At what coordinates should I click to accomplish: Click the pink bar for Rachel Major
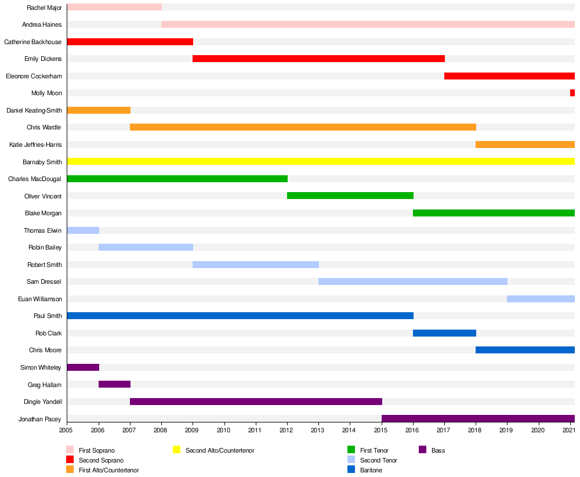(x=114, y=7)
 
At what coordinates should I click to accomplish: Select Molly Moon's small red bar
(x=572, y=93)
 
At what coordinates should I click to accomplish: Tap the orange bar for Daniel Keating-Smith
(x=99, y=110)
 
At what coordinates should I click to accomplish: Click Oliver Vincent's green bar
(x=350, y=196)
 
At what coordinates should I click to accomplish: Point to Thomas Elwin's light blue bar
(x=83, y=230)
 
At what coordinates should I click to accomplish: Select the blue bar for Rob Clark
(x=444, y=333)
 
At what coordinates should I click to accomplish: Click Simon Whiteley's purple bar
(x=83, y=367)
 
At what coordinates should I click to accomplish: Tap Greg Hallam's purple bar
(x=114, y=384)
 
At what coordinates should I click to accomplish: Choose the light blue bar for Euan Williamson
(x=541, y=299)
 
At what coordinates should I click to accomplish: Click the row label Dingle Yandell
(x=43, y=402)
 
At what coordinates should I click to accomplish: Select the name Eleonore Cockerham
(x=34, y=76)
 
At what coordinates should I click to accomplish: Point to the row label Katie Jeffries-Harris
(x=35, y=144)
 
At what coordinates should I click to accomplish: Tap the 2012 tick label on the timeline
(x=287, y=430)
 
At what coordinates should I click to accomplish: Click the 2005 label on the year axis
(x=67, y=430)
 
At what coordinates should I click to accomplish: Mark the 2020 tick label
(x=538, y=430)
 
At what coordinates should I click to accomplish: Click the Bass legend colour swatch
(x=423, y=450)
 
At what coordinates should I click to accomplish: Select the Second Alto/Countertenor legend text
(x=220, y=450)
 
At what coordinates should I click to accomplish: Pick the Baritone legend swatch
(x=351, y=469)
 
